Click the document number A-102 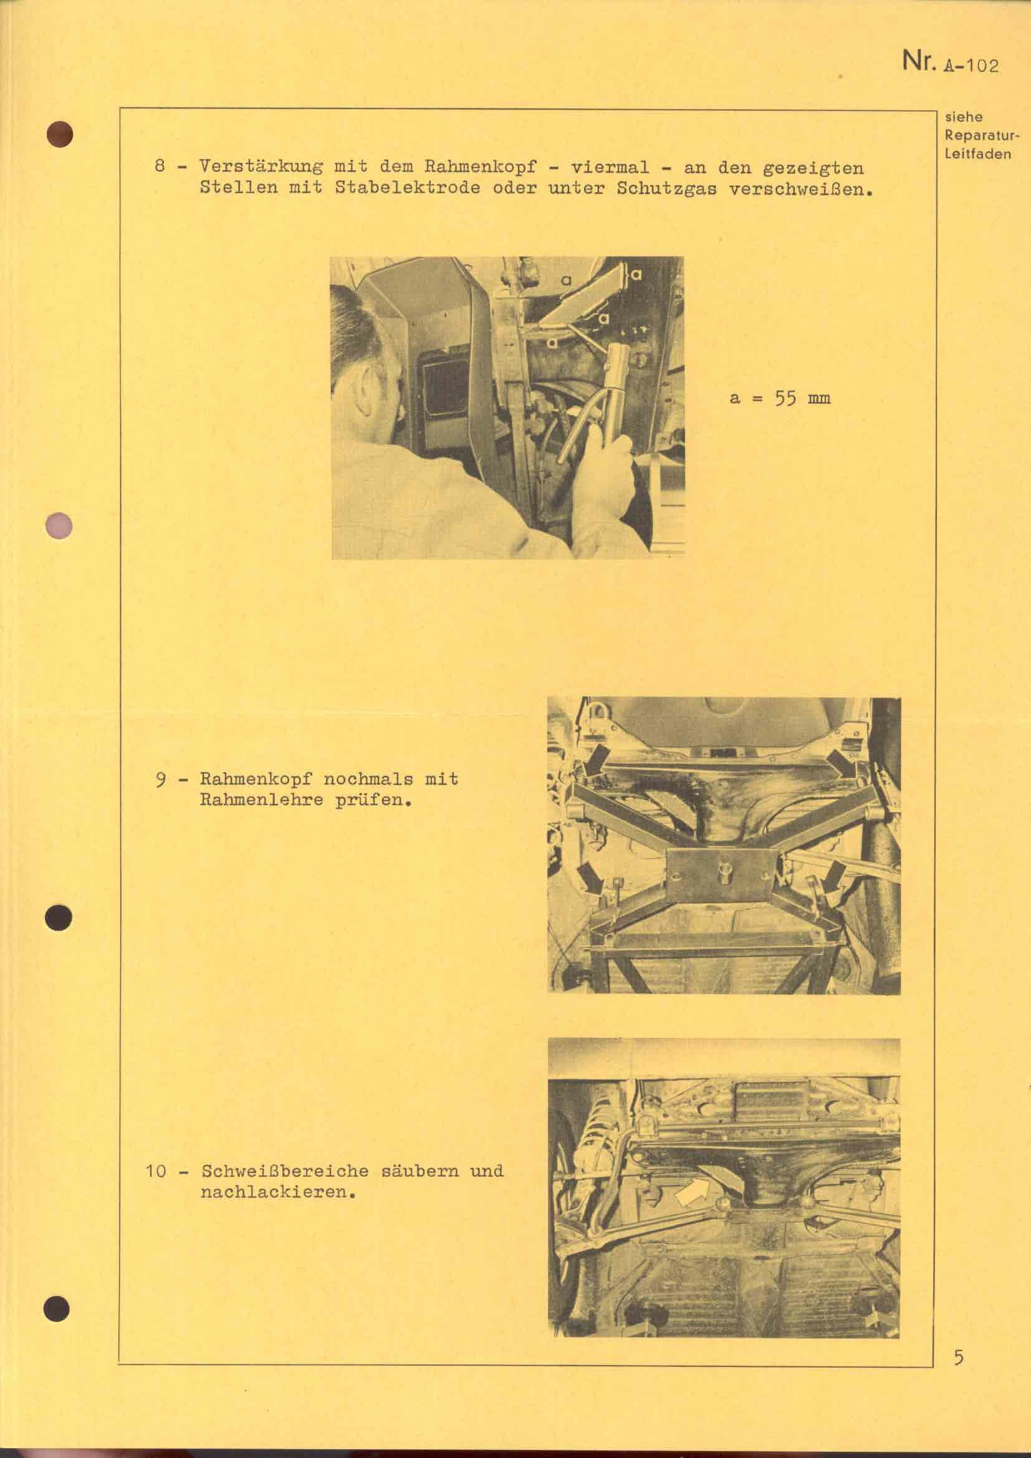click(971, 65)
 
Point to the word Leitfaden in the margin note click(977, 154)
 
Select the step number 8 click(161, 167)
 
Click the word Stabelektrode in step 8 click(407, 189)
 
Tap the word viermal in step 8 click(610, 168)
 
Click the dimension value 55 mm click(802, 399)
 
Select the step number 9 click(161, 779)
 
